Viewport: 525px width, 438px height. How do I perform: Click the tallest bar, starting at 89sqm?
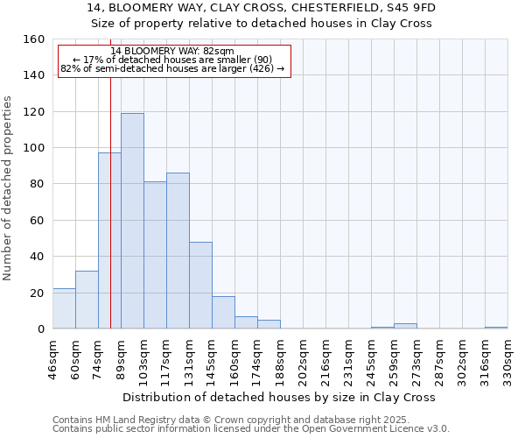click(132, 221)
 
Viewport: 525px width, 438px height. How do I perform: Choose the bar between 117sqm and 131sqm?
click(178, 251)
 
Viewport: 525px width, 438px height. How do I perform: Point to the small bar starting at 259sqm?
click(405, 326)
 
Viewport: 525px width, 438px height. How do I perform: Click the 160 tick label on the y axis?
click(34, 39)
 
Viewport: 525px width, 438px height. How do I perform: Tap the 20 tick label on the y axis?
click(38, 293)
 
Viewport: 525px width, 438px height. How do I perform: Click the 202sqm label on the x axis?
click(303, 360)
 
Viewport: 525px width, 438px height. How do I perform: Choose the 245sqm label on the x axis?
click(371, 360)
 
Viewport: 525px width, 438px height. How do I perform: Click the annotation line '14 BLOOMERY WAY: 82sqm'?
click(172, 52)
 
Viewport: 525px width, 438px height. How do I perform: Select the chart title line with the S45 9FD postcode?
click(262, 8)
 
